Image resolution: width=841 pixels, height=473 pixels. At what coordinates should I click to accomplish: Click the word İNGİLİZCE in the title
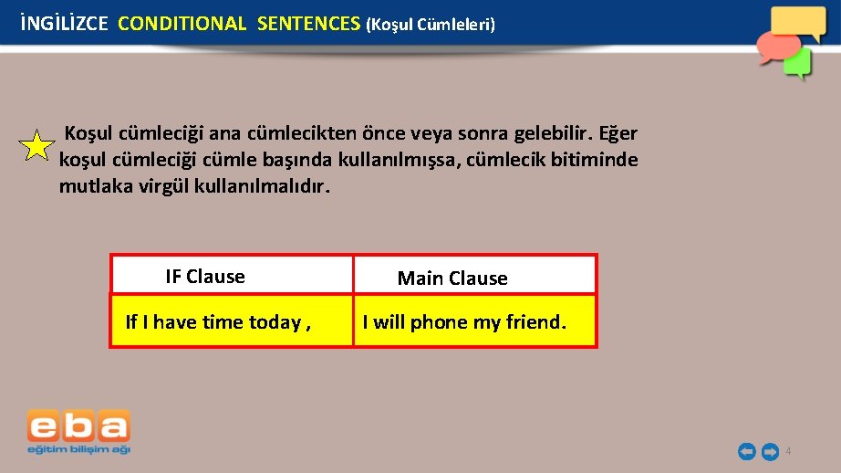pos(63,24)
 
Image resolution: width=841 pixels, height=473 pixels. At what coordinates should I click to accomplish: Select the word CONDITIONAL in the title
pos(182,24)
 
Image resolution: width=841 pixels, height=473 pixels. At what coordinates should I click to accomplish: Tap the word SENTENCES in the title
pos(308,24)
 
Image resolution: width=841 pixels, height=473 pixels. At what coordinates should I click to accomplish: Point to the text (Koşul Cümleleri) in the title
pos(431,25)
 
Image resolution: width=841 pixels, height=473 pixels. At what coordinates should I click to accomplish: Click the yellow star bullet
pos(36,146)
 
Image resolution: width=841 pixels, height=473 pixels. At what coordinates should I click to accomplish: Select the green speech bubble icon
pos(798,63)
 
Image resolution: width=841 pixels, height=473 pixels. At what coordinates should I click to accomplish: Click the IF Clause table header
pos(205,277)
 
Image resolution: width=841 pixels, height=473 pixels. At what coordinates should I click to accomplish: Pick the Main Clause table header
pos(452,279)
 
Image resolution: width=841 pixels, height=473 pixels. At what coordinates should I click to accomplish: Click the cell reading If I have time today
pos(217,321)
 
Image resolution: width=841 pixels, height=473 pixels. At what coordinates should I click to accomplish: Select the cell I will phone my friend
pos(464,321)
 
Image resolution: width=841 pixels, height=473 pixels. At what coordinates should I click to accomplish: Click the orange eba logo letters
pos(78,426)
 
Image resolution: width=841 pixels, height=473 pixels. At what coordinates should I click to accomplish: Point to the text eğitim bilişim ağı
pos(78,449)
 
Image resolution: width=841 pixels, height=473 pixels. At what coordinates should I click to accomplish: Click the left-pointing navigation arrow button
pos(746,451)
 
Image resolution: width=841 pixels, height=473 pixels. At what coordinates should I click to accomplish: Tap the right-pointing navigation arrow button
pos(769,451)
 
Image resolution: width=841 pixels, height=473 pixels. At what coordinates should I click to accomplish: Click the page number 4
pos(788,452)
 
